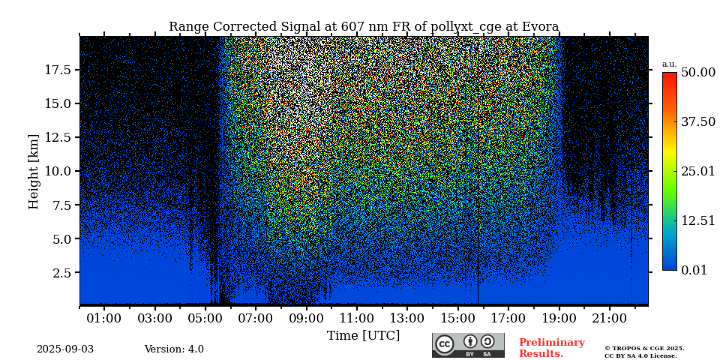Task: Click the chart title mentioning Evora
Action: pos(364,27)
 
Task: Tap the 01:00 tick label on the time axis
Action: pos(104,319)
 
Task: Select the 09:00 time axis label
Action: pos(306,319)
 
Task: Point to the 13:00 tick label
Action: pos(407,319)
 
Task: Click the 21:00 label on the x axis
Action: pos(610,319)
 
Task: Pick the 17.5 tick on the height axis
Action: pos(58,70)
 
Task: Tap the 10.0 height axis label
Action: pos(58,171)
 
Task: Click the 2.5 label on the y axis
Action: pos(62,273)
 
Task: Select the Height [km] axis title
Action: pos(34,171)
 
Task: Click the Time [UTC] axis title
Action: pos(364,335)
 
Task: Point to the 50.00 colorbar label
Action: pos(697,73)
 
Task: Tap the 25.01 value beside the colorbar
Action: pos(697,172)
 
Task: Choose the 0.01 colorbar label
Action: pos(694,270)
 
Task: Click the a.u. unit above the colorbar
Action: pos(669,64)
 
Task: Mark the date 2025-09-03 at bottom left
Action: pos(65,349)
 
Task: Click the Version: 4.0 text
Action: pos(174,349)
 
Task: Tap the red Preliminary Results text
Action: pos(551,348)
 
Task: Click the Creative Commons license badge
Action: pos(468,345)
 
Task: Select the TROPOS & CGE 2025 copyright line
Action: pos(644,348)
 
